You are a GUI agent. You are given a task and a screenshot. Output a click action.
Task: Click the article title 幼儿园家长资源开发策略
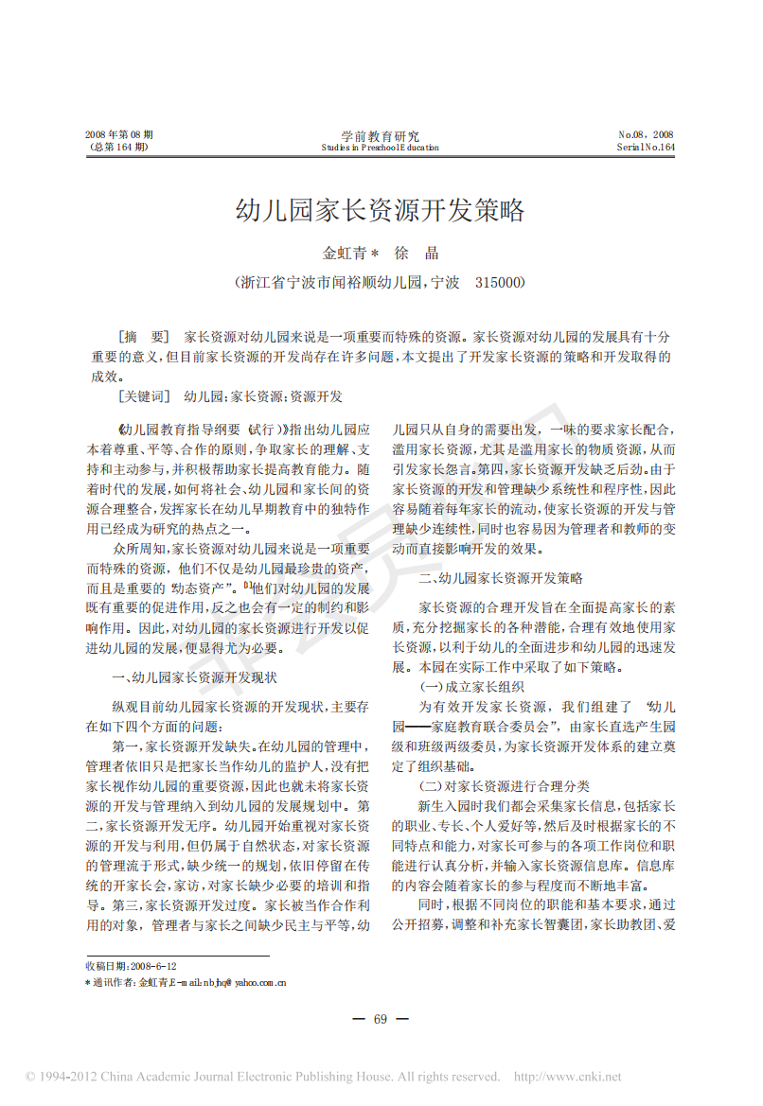coord(380,210)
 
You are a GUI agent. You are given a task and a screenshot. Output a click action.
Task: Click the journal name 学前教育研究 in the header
coord(380,136)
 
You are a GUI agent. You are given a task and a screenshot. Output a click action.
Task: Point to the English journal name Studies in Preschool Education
coord(380,148)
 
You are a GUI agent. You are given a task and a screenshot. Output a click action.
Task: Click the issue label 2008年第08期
coord(118,135)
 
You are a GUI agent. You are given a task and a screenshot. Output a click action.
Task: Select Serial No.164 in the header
coord(646,148)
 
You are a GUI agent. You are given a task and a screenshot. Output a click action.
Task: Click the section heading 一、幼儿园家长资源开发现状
coord(194,677)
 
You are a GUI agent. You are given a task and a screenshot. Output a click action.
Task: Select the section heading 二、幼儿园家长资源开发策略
coord(501,577)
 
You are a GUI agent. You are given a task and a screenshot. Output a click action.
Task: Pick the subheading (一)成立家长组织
coord(471,686)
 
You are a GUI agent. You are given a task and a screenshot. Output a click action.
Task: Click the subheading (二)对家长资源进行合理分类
coord(505,785)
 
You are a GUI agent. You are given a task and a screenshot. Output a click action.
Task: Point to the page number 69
coord(381,1019)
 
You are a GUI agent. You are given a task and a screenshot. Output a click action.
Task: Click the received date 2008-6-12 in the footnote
coord(154,966)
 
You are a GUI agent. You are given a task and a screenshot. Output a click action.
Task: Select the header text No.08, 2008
coord(646,135)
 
